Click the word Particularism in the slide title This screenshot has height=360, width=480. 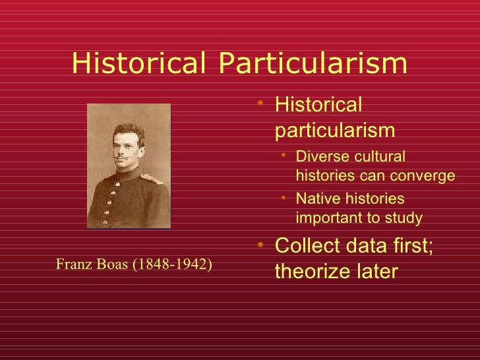tap(312, 63)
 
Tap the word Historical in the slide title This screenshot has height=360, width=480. tap(140, 63)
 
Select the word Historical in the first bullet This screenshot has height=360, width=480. tap(318, 105)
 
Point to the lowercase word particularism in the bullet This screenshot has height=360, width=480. tap(335, 130)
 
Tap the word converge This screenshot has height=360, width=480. tap(426, 176)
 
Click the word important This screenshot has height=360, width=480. tap(328, 218)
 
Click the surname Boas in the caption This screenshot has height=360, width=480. tap(113, 264)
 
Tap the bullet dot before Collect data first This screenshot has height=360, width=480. tap(262, 246)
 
